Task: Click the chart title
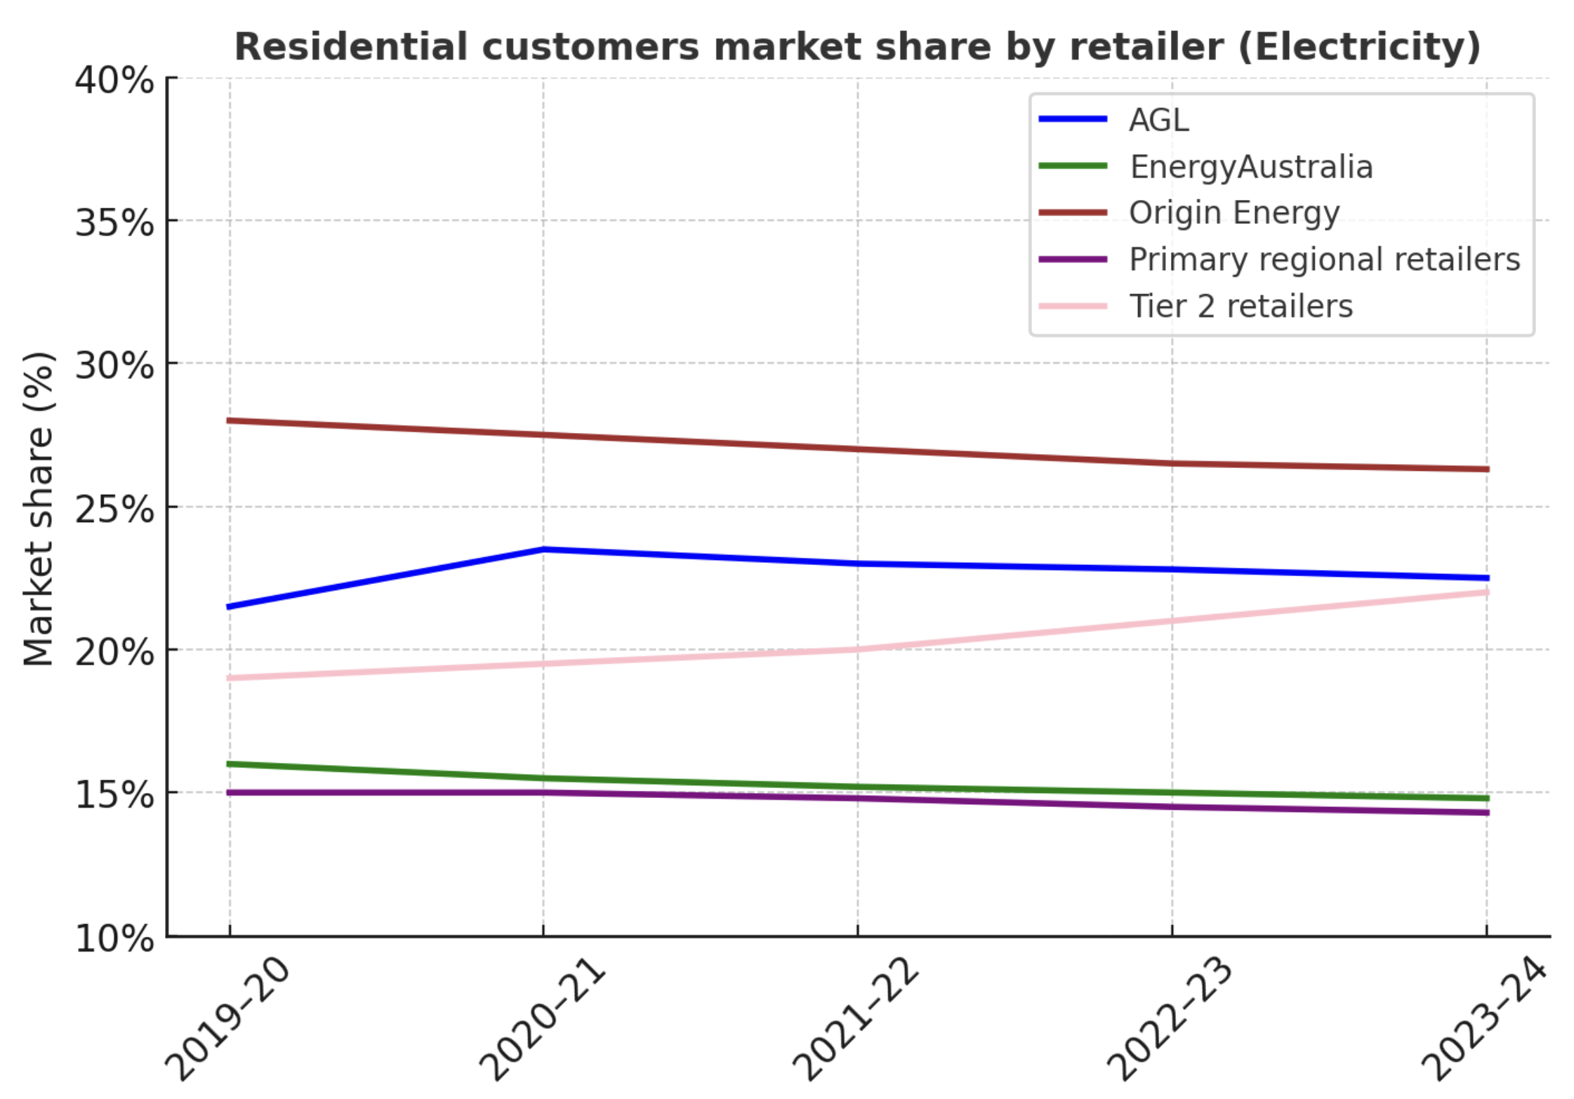point(857,47)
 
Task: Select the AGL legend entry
point(1158,120)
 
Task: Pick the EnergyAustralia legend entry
point(1250,167)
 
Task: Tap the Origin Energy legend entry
point(1234,213)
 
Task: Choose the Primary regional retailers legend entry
point(1324,260)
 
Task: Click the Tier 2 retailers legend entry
point(1241,307)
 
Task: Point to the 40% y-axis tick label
point(114,80)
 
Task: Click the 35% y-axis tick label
point(114,223)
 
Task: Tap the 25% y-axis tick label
point(114,509)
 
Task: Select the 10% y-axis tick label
point(114,938)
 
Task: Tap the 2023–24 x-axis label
point(1483,1018)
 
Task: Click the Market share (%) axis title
point(39,508)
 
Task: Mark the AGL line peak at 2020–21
point(543,549)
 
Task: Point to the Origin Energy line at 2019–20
point(230,420)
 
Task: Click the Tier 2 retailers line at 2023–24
point(1486,592)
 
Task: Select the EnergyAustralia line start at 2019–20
point(230,764)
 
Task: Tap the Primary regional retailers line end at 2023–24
point(1486,813)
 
